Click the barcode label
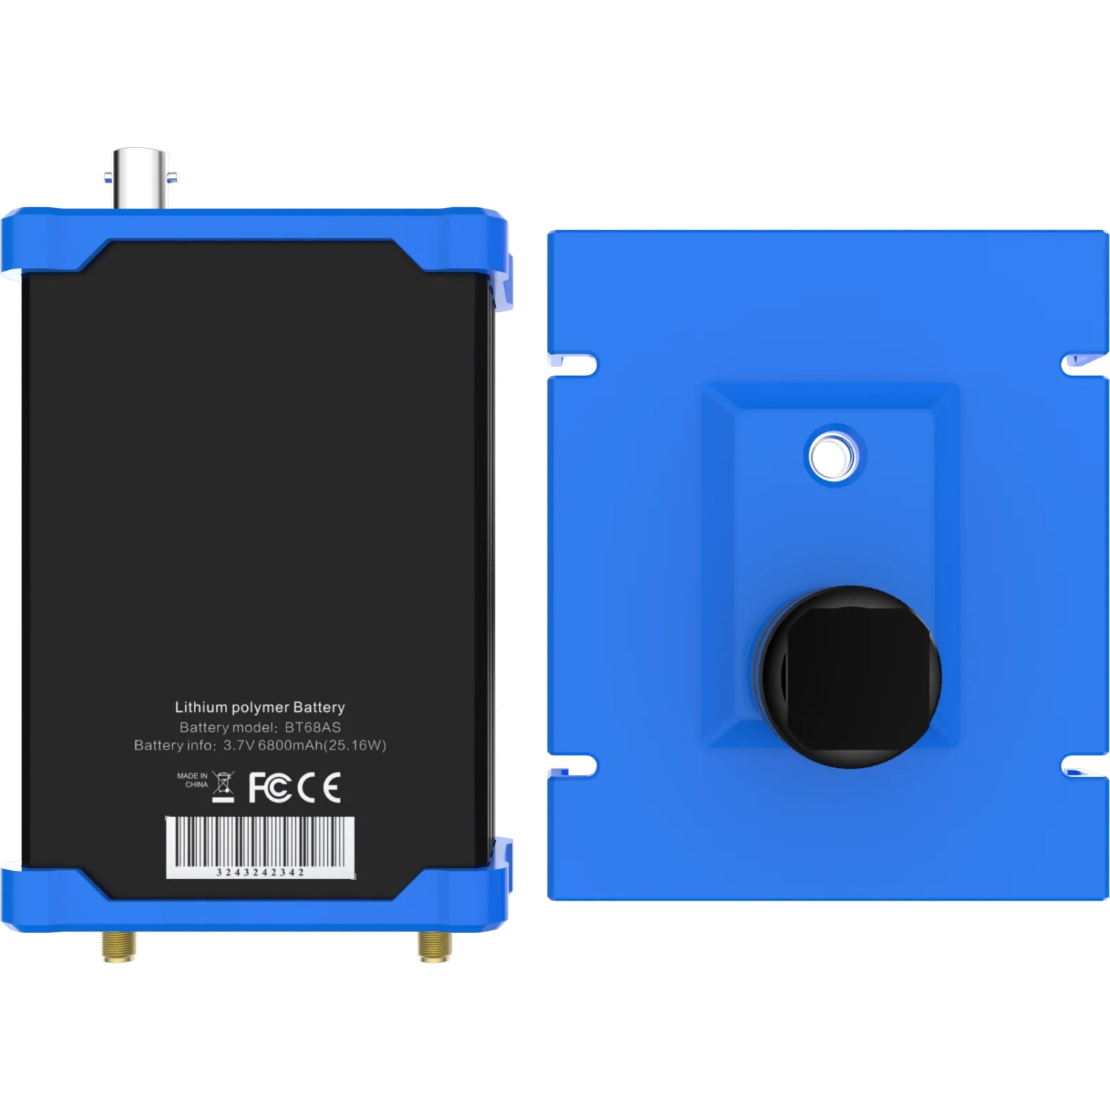(x=260, y=844)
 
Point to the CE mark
(x=319, y=787)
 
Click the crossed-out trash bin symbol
(x=223, y=787)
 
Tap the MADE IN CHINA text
(x=193, y=780)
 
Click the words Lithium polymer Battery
(x=260, y=707)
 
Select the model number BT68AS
(x=312, y=727)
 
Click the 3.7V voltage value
(x=239, y=745)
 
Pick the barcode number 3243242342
(x=260, y=872)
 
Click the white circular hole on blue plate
(x=833, y=456)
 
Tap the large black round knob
(x=851, y=676)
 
